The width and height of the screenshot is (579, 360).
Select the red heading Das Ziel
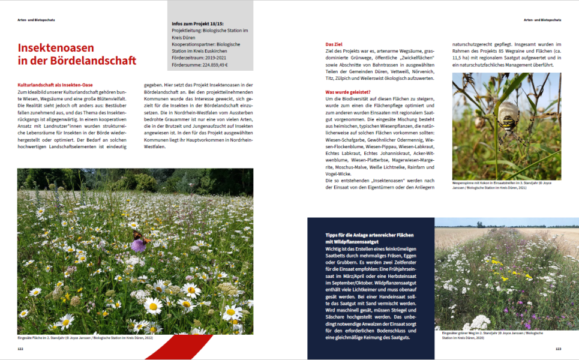point(334,45)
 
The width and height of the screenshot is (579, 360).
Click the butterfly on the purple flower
point(138,236)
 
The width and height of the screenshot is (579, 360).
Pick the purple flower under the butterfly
point(139,245)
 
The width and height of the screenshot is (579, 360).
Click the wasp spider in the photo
point(508,114)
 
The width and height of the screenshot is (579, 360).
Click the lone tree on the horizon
point(479,224)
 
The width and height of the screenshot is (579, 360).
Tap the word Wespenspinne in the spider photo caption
point(464,182)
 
